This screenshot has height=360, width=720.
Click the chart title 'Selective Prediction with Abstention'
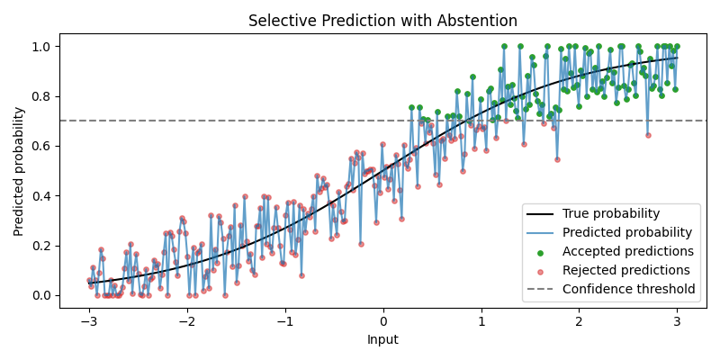[x=382, y=21]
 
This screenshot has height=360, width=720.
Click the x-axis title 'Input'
[x=382, y=340]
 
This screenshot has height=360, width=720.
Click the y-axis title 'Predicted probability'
[x=19, y=171]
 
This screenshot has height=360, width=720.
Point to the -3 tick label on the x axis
[x=89, y=320]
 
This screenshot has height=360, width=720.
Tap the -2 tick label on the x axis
[x=187, y=320]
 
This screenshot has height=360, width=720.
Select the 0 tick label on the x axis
[x=382, y=320]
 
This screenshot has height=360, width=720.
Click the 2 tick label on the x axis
[x=579, y=320]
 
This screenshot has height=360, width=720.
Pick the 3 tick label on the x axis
[x=677, y=320]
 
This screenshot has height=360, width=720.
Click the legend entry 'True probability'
[x=611, y=214]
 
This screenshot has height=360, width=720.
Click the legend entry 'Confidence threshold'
[x=629, y=290]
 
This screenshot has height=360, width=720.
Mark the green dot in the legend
[x=540, y=252]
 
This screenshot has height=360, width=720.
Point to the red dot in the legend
[x=540, y=271]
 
